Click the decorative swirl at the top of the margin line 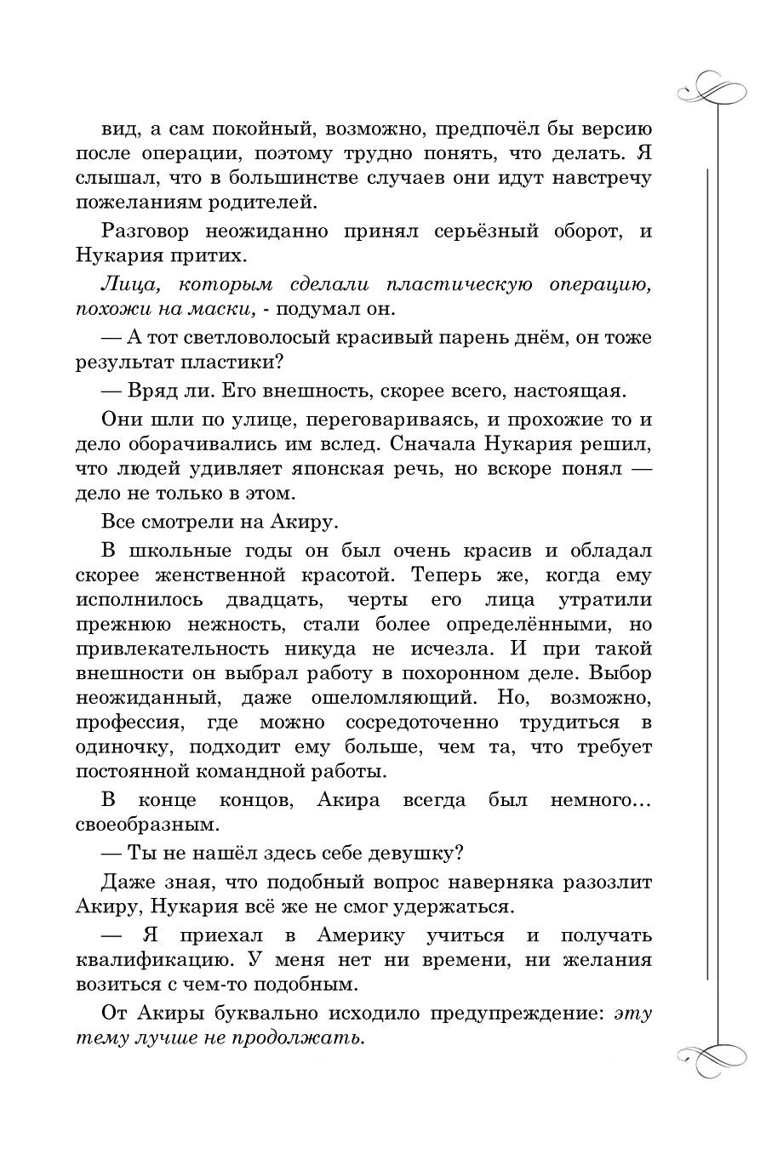pos(710,88)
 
